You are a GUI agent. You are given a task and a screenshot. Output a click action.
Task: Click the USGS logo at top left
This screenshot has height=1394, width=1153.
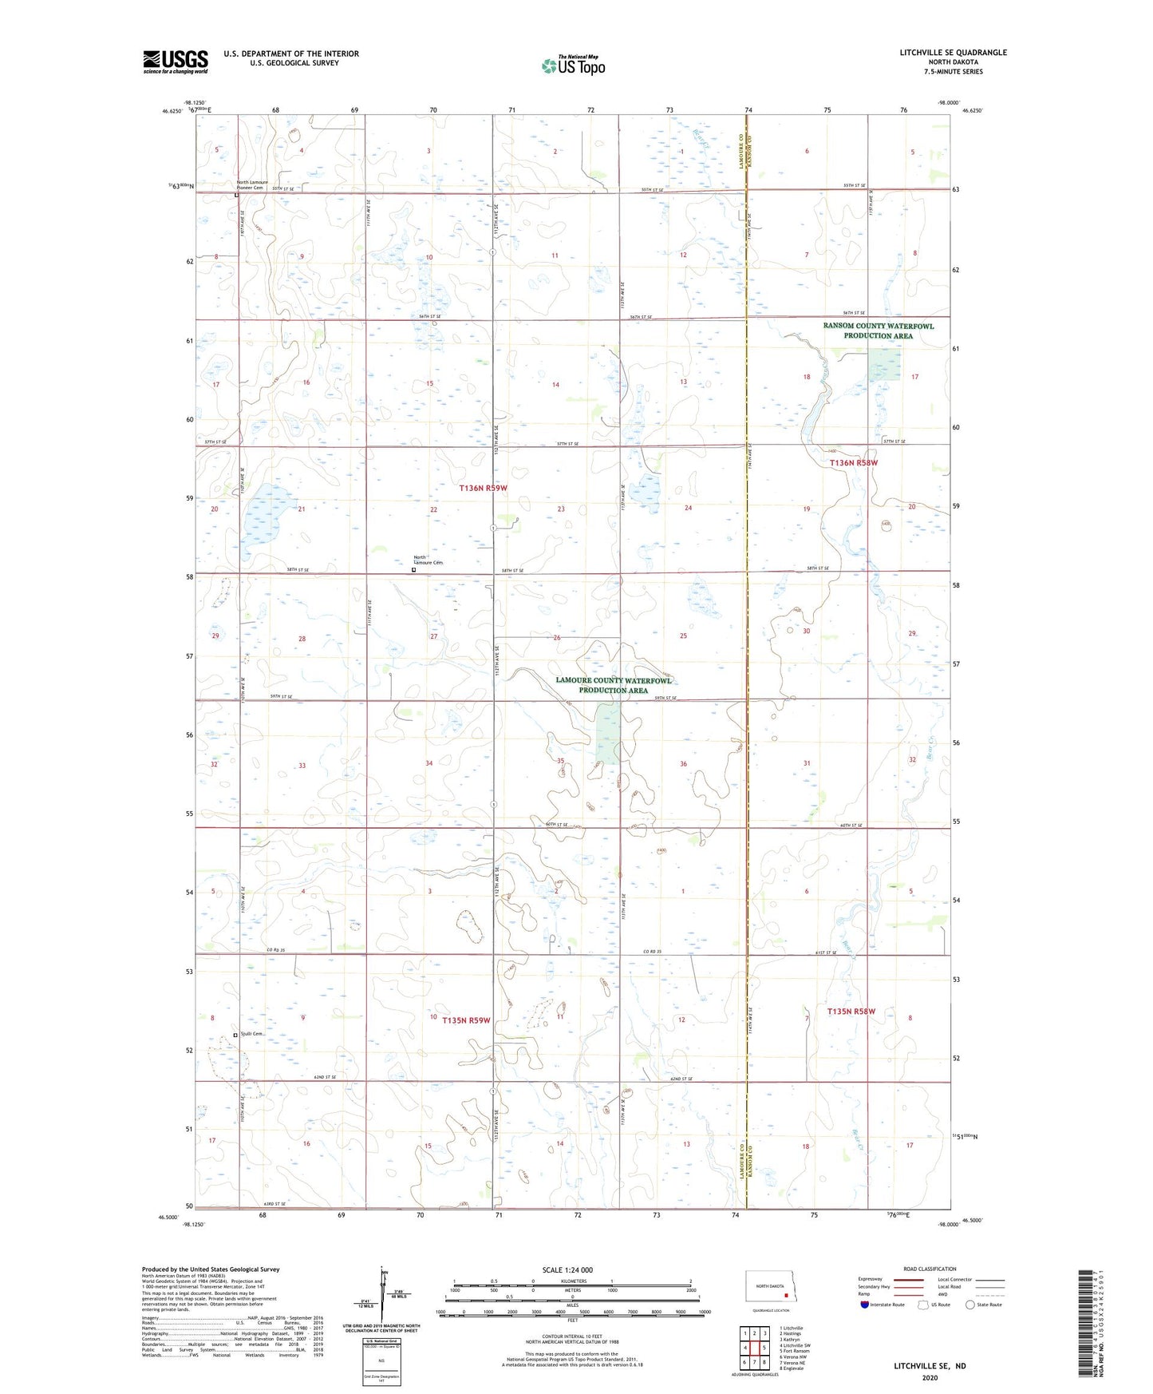pyautogui.click(x=176, y=61)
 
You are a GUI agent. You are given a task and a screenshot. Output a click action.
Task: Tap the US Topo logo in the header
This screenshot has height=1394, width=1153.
pyautogui.click(x=573, y=65)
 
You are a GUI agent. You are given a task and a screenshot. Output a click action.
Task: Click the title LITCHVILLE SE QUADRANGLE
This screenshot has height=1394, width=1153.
pyautogui.click(x=953, y=53)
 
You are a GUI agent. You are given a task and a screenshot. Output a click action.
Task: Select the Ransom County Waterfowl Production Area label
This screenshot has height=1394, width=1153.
pyautogui.click(x=878, y=331)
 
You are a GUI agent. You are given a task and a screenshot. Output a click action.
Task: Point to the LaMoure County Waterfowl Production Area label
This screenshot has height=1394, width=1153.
pyautogui.click(x=613, y=685)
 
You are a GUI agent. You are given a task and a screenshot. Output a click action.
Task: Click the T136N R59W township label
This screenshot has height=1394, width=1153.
pyautogui.click(x=483, y=487)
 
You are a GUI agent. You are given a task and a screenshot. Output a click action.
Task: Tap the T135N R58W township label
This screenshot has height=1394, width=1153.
pyautogui.click(x=851, y=1012)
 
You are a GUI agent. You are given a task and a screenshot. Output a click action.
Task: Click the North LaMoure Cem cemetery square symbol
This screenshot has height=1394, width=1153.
pyautogui.click(x=413, y=570)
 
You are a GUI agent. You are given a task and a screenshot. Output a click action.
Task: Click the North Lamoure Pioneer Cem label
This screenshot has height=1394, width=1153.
pyautogui.click(x=254, y=184)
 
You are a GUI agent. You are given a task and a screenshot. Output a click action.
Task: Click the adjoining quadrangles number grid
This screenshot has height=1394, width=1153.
pyautogui.click(x=754, y=1348)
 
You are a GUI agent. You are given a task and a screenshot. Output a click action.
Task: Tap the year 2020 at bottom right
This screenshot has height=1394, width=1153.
pyautogui.click(x=930, y=1378)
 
